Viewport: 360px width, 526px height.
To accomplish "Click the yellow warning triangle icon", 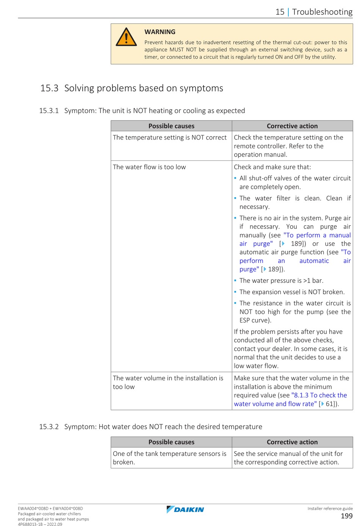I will [126, 37].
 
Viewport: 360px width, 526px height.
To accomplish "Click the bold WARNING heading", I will [160, 32].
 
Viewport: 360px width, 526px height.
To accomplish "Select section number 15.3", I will [49, 88].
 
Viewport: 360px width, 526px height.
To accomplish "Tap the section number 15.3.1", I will [49, 111].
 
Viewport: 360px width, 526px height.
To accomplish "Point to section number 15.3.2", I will [49, 427].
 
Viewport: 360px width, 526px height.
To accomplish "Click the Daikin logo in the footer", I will [185, 509].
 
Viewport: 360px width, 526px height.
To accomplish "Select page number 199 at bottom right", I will [346, 516].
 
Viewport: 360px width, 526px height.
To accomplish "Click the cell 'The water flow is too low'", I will [149, 167].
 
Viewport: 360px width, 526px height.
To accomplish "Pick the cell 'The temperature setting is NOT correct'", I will [169, 137].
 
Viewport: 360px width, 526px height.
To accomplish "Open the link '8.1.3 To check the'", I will [319, 395].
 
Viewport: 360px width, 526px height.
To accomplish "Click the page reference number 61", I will [329, 404].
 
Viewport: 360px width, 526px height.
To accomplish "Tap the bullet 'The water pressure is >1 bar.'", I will [281, 281].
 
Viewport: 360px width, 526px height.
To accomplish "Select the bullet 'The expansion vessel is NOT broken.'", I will [292, 292].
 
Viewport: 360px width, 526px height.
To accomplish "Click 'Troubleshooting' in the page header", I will [322, 12].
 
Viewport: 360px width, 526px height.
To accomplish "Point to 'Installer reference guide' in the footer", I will [330, 509].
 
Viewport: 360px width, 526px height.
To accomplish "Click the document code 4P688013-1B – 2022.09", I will [40, 524].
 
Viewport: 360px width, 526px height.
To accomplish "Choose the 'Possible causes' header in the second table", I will [171, 442].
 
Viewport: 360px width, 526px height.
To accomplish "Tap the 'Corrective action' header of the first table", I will [292, 126].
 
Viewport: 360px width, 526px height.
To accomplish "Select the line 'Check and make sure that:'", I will [272, 167].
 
